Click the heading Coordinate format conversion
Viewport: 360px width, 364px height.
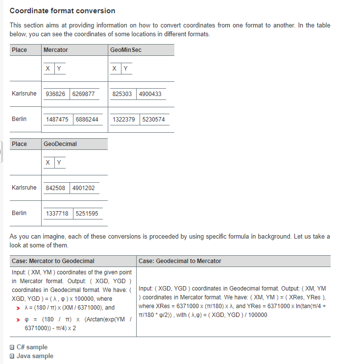coord(63,11)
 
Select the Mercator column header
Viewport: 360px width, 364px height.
coord(56,50)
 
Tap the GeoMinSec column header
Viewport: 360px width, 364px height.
coord(126,50)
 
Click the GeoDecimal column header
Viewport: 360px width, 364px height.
coord(60,144)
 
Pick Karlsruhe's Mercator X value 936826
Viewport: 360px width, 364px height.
coord(55,94)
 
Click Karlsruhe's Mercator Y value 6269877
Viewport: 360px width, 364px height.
coord(83,94)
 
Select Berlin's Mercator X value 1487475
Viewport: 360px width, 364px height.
coord(57,120)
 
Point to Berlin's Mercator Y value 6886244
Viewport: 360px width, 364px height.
coord(87,120)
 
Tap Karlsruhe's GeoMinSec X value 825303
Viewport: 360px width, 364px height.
coord(122,94)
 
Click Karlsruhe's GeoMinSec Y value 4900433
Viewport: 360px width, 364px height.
coord(150,94)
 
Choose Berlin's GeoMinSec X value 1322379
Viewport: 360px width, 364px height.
coord(124,120)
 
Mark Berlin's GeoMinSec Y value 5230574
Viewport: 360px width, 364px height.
coord(154,120)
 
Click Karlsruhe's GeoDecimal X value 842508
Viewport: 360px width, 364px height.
coord(55,188)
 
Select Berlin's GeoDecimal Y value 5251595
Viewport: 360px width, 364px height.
coord(87,214)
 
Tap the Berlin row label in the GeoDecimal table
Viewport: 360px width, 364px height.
coord(19,213)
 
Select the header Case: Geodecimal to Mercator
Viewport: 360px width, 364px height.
coord(180,261)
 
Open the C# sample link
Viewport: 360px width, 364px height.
coord(32,347)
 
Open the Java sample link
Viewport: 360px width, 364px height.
coord(35,356)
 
